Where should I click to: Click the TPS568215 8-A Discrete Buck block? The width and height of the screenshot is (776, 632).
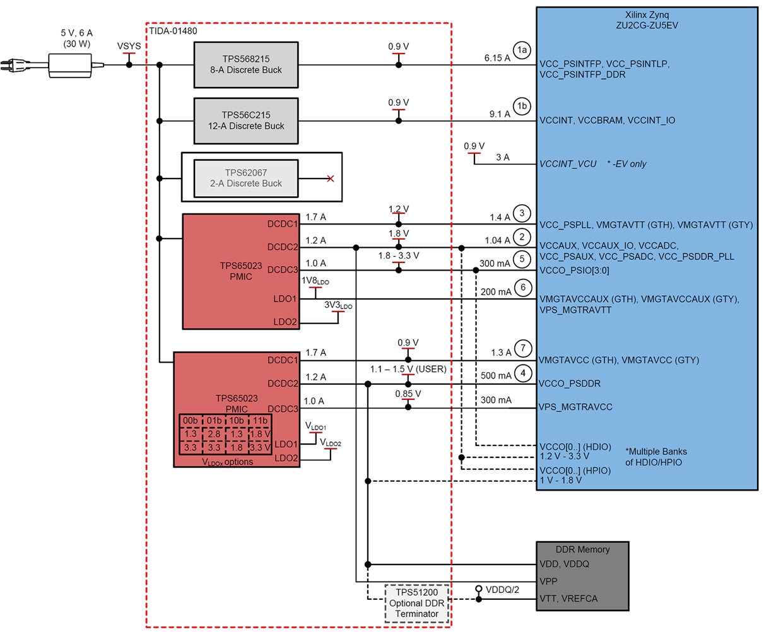pos(246,64)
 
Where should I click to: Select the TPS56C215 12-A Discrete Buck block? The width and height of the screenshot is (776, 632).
pos(246,120)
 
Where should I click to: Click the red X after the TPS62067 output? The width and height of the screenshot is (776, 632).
pos(330,178)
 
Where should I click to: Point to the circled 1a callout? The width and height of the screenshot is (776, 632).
pos(522,50)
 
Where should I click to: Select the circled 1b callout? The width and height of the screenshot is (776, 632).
pos(522,107)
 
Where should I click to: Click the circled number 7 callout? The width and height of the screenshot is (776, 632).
pos(522,348)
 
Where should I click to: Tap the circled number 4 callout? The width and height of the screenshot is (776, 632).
pos(522,373)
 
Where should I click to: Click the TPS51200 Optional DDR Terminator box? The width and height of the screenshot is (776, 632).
pos(417,603)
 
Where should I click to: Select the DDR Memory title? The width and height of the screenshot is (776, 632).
pos(582,549)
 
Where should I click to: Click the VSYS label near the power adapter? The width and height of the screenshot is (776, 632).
pos(129,46)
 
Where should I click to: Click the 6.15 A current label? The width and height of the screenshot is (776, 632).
pos(497,58)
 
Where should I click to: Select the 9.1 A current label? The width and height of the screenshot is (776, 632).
pos(500,114)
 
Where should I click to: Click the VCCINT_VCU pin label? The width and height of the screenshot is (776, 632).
pos(568,164)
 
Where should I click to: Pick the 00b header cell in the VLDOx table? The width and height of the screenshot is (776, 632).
pos(190,421)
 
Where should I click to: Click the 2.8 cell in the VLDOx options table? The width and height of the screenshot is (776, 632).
pos(214,434)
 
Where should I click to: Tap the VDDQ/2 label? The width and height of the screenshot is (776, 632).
pos(502,590)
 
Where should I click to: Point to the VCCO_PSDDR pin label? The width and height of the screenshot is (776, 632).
pos(570,383)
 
